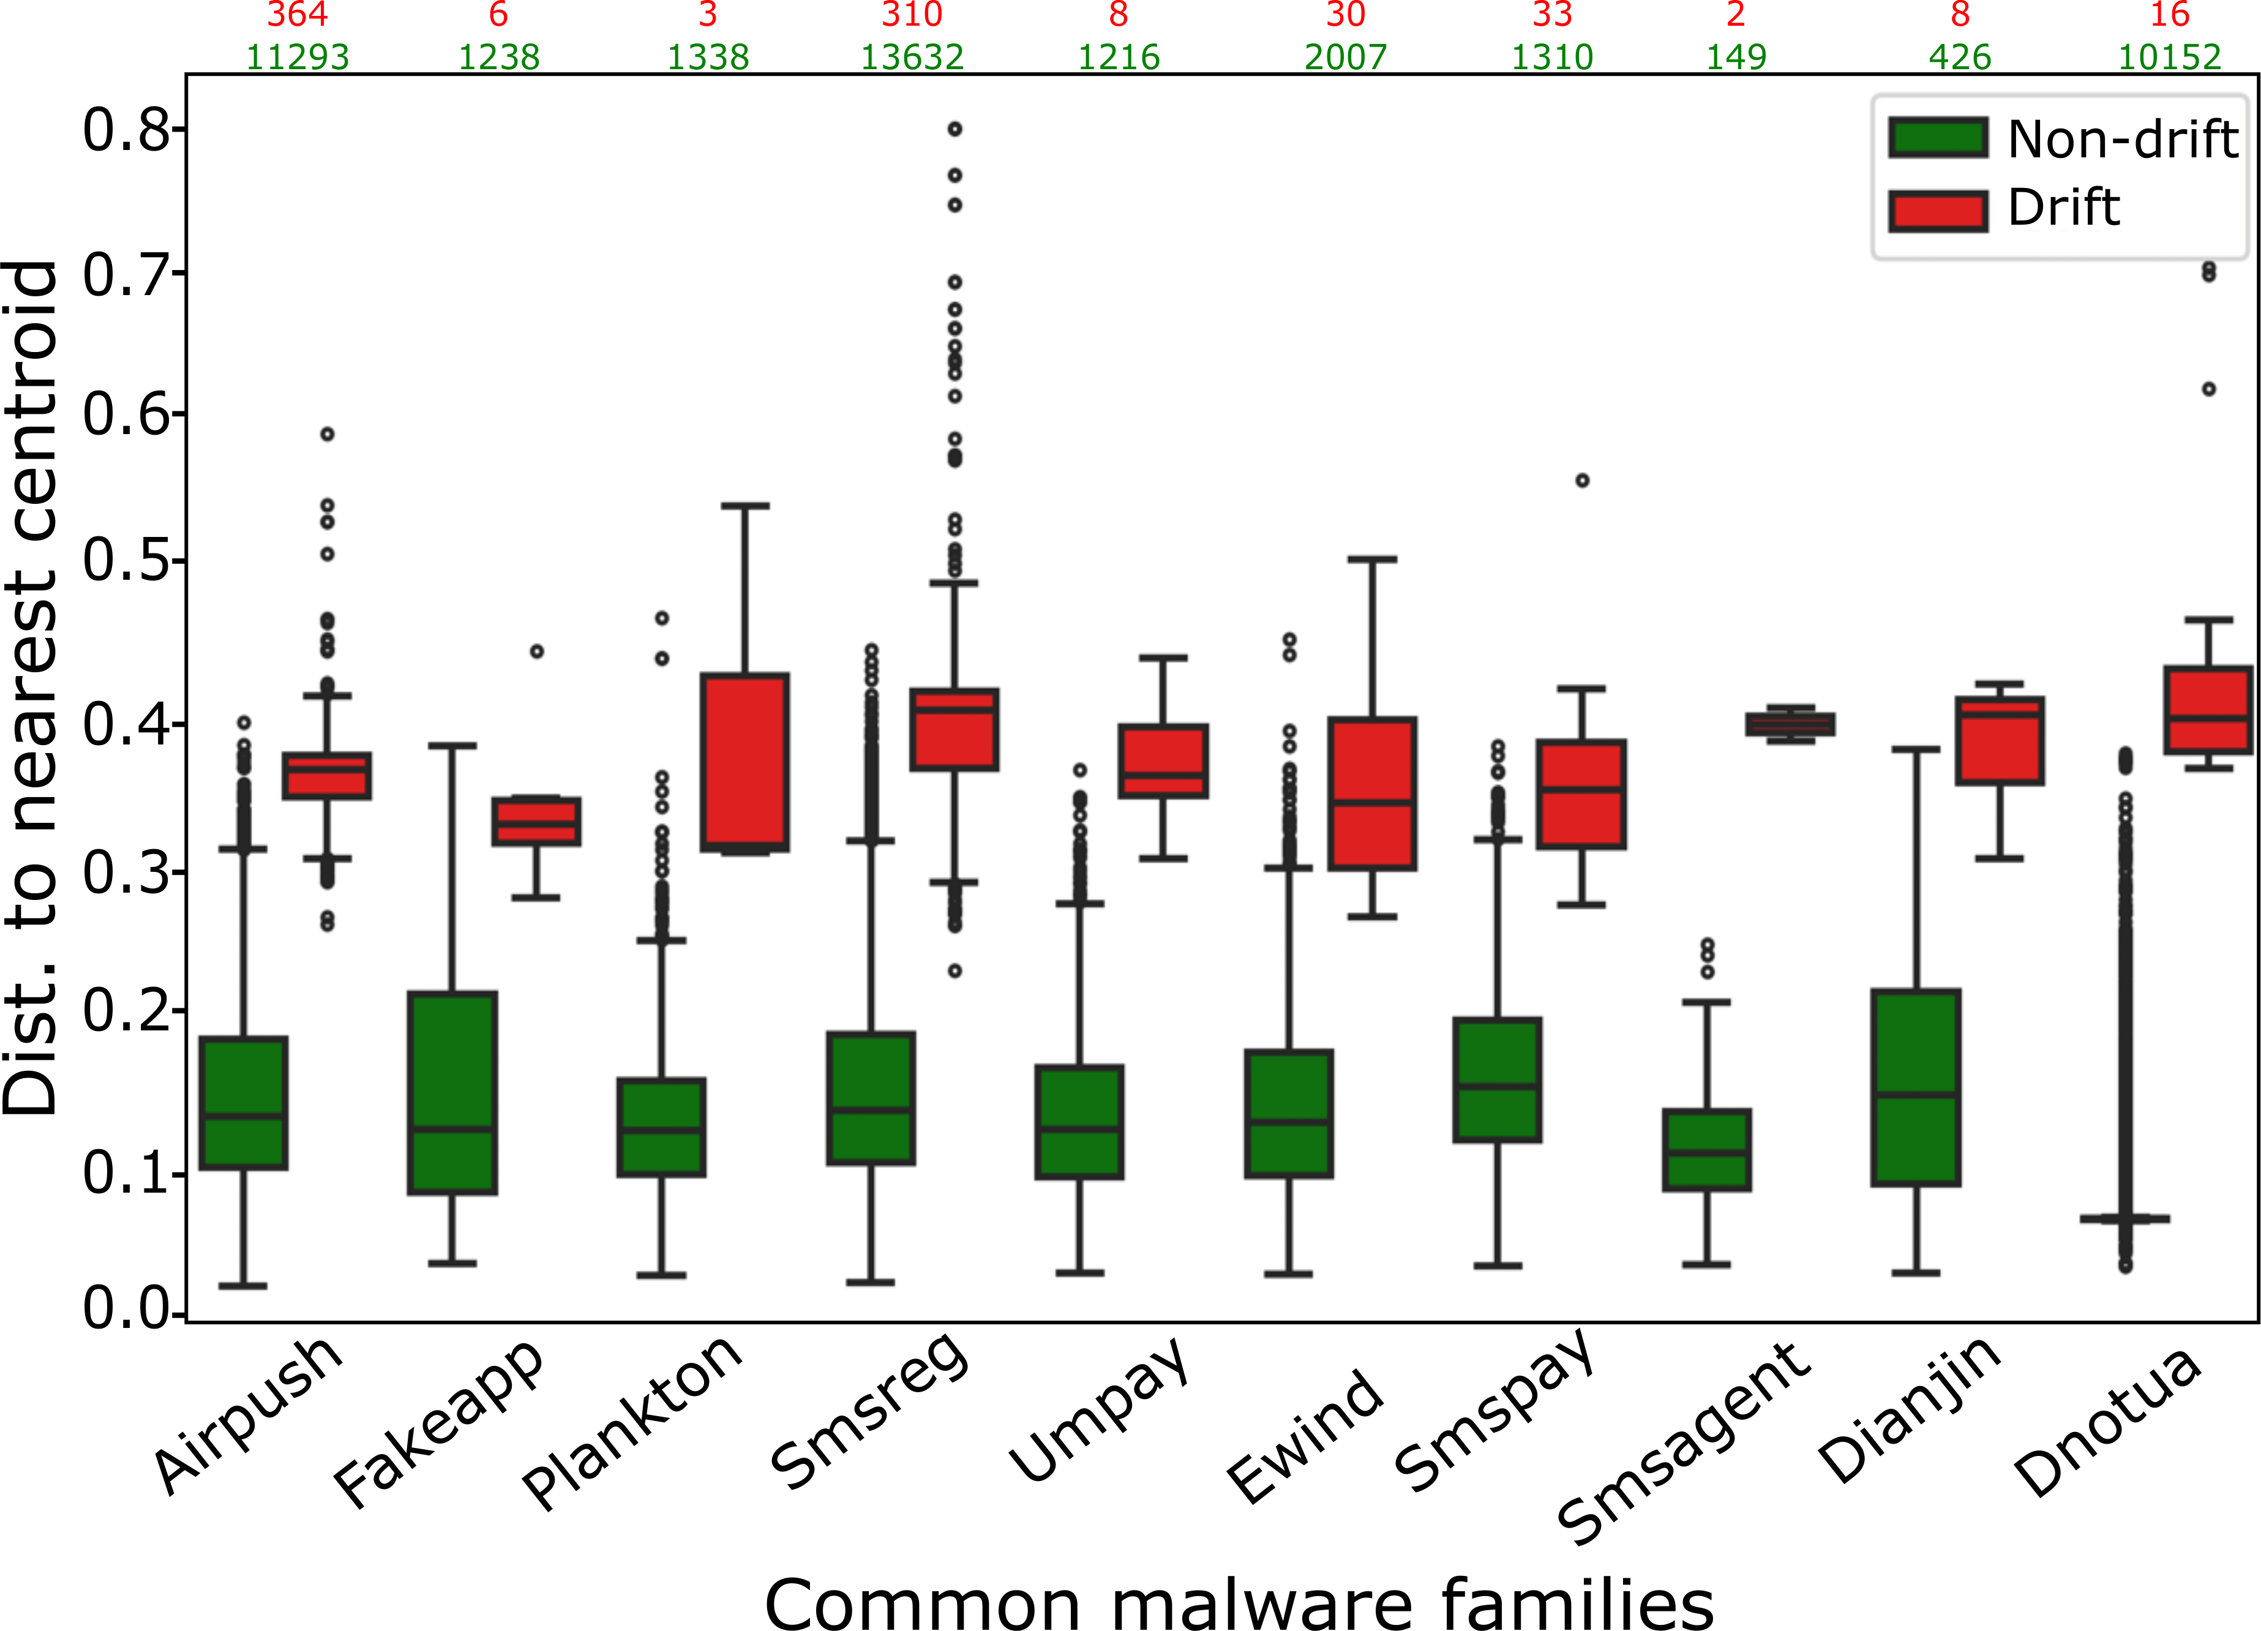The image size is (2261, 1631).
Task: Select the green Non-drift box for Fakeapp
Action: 452,1093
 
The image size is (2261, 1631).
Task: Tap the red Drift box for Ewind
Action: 1372,793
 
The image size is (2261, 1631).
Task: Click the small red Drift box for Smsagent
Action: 1790,724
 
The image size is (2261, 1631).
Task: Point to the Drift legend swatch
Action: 1938,211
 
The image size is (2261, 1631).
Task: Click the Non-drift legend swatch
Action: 1938,138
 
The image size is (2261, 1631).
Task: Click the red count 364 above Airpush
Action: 297,15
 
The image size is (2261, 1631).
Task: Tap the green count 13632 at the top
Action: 912,57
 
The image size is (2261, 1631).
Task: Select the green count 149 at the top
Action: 1736,57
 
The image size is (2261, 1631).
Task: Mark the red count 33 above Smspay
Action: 1552,15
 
